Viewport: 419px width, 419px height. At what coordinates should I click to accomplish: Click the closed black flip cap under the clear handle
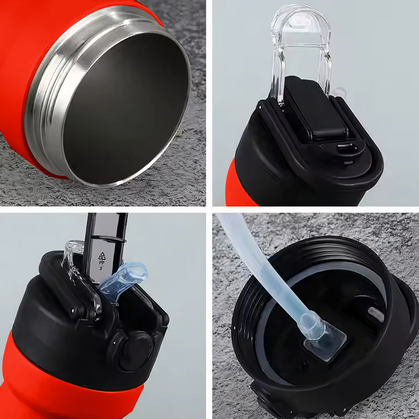coord(315,109)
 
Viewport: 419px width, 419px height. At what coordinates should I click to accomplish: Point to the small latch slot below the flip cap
coord(346,148)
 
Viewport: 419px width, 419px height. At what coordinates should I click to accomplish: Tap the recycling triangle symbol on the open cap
coord(102,256)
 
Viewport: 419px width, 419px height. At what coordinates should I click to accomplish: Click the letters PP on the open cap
coord(101,263)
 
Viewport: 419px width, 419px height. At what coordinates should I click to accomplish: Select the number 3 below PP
coord(101,269)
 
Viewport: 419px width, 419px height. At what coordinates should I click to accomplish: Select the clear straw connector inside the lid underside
coord(324,337)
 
